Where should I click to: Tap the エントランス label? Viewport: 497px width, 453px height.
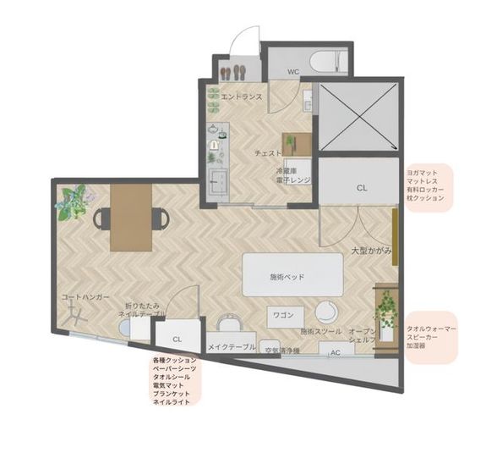pos(241,97)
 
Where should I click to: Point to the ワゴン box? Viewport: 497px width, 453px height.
pos(284,315)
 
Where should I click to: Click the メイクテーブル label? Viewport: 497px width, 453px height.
pos(232,347)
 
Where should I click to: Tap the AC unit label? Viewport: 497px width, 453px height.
pos(336,352)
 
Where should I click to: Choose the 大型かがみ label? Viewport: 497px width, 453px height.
pos(371,251)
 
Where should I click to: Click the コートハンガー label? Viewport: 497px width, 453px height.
pos(86,298)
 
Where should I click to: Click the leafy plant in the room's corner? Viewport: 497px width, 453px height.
pos(71,202)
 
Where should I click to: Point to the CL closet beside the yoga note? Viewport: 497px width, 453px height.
pos(361,187)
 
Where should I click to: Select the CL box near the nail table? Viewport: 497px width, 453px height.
pos(177,338)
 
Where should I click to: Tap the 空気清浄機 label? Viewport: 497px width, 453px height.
pos(281,351)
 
